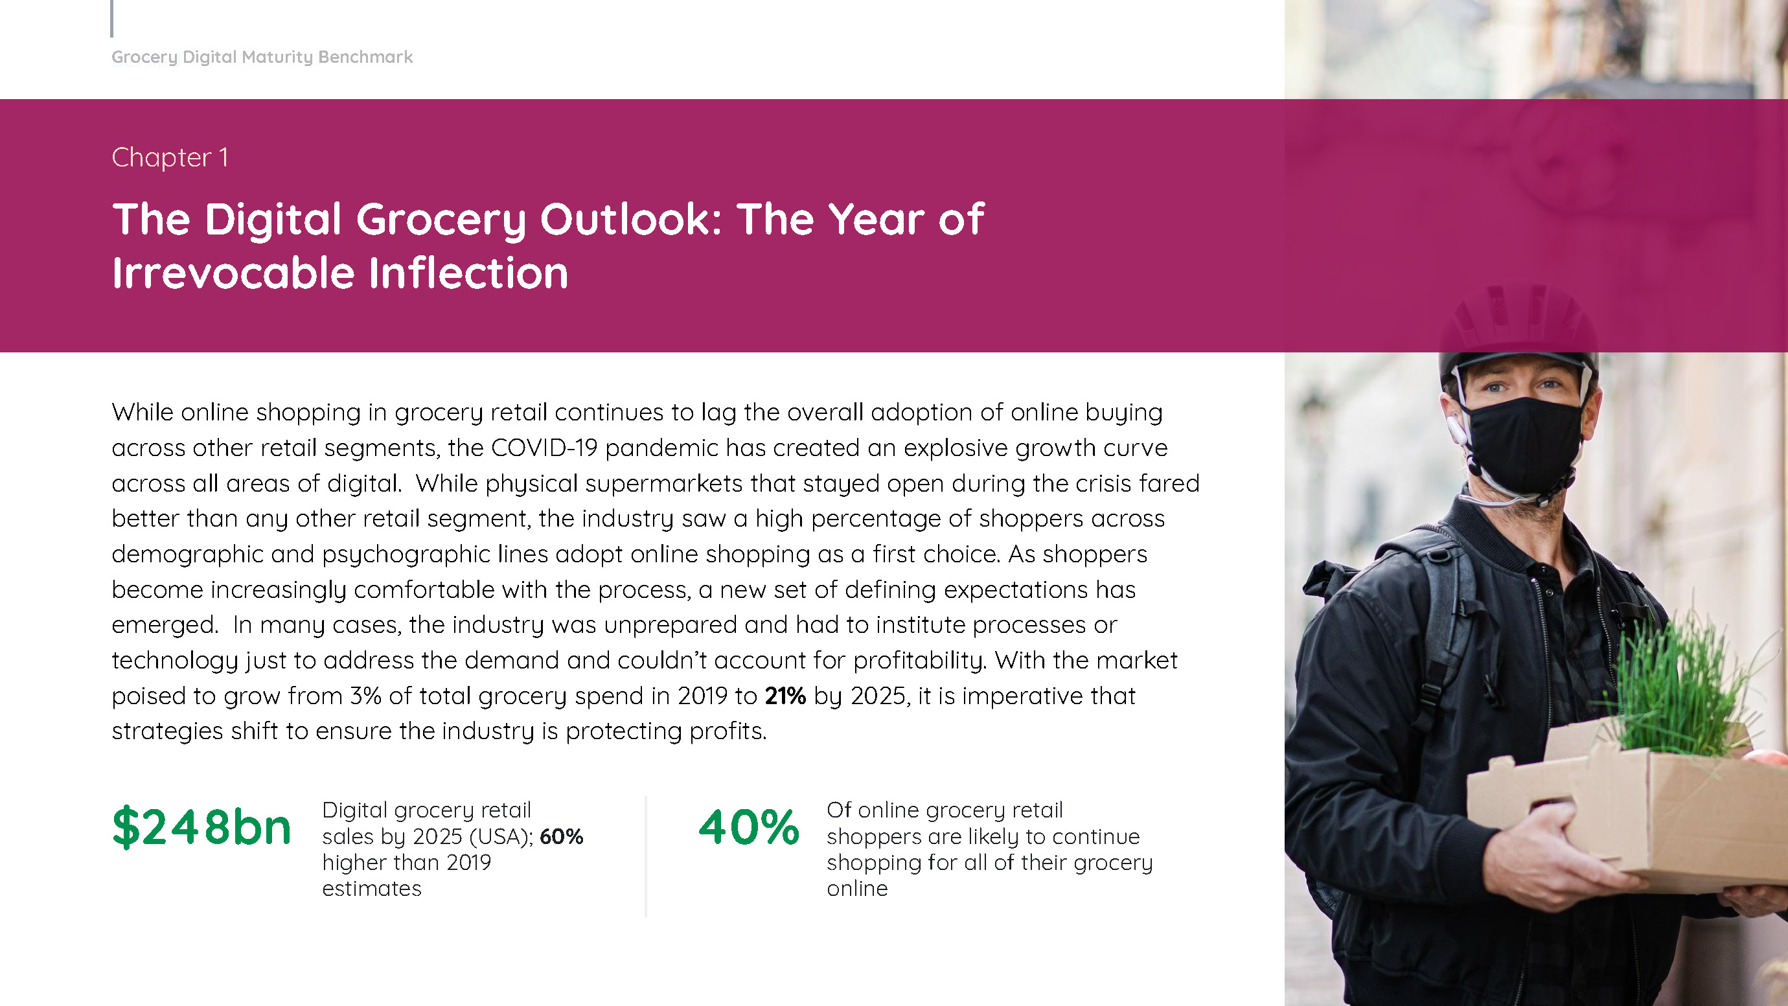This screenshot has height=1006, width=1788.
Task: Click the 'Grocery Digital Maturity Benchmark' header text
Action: (262, 57)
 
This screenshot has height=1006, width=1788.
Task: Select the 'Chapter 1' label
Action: (169, 157)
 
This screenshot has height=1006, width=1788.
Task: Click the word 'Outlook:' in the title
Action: (631, 220)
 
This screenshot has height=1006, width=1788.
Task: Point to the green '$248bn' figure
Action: (201, 827)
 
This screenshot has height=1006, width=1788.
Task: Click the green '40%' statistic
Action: (749, 827)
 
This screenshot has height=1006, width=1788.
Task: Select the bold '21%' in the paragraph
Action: (785, 696)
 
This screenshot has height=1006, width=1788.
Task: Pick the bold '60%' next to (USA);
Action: (562, 836)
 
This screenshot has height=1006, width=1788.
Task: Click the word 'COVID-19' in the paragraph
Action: (544, 448)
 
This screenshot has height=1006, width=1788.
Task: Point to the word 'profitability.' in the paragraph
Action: (920, 661)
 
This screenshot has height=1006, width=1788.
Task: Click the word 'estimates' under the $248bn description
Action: (371, 889)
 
